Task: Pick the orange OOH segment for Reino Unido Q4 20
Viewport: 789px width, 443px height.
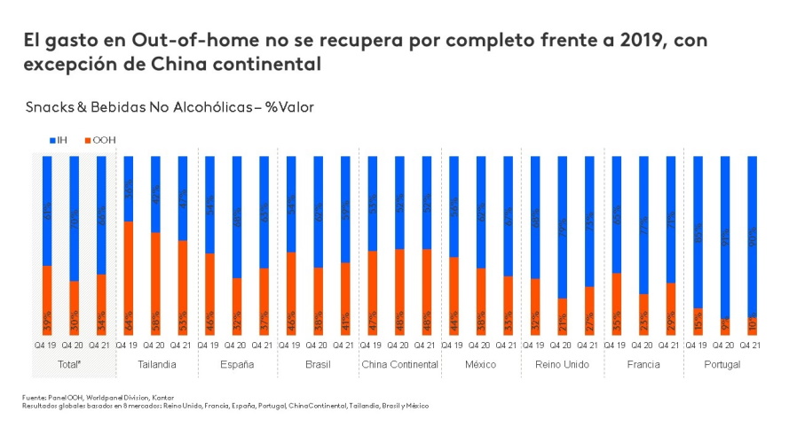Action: click(x=562, y=316)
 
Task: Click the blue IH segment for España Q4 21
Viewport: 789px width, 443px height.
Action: click(x=264, y=212)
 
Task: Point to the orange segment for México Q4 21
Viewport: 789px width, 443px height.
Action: click(x=508, y=305)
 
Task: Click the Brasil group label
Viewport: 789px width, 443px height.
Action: click(x=318, y=365)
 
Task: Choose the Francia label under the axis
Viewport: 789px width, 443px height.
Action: click(x=643, y=365)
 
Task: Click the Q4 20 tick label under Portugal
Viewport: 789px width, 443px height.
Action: click(x=725, y=346)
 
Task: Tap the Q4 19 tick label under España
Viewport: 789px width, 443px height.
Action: click(x=209, y=346)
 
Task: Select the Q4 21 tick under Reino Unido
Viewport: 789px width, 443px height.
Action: click(x=589, y=346)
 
